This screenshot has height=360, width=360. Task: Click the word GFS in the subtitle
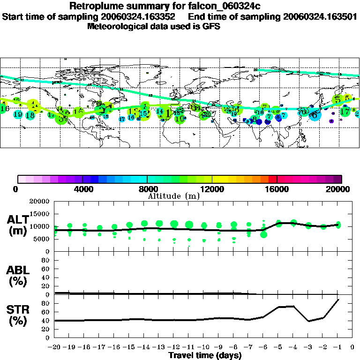pos(211,26)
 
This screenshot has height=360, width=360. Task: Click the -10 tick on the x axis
pos(203,347)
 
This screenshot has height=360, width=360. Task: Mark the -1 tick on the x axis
pos(338,347)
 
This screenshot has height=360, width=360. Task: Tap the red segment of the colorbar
pos(272,179)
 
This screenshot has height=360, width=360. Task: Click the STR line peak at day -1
pos(338,300)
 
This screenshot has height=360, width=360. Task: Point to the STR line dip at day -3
pos(308,321)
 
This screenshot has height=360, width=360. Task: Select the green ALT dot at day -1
pos(338,225)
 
